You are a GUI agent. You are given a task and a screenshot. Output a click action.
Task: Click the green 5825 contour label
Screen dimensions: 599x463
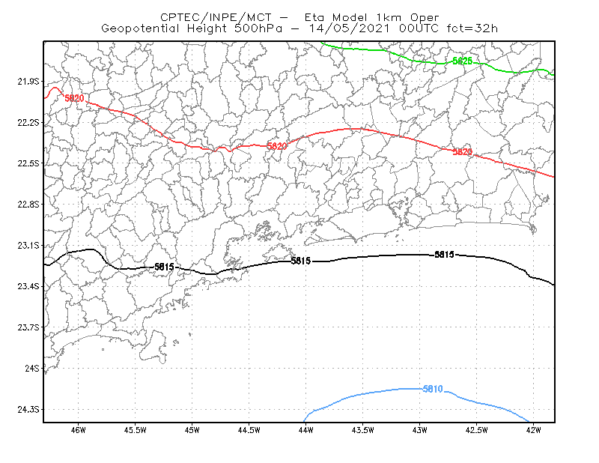tap(462, 61)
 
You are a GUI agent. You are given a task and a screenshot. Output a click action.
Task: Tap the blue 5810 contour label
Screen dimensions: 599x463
tap(433, 389)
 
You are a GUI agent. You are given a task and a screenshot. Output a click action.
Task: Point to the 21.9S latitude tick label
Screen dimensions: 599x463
tap(28, 82)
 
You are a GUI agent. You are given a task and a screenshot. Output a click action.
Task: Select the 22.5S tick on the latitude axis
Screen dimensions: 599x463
tap(28, 163)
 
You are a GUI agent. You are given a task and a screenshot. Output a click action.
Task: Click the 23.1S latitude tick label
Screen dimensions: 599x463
tap(28, 245)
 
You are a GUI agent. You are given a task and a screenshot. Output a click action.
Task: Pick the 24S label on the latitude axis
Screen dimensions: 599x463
tap(32, 368)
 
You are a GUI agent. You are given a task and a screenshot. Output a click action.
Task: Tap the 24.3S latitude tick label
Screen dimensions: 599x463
tap(28, 409)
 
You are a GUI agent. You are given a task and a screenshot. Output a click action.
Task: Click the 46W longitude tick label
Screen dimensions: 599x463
tap(79, 430)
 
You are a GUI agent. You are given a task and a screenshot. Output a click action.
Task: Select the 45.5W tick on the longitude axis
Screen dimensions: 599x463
tap(136, 430)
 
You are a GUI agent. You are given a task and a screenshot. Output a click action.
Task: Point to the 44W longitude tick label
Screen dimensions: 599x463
tap(306, 430)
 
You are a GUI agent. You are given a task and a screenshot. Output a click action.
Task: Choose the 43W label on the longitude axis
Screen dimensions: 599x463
tap(419, 430)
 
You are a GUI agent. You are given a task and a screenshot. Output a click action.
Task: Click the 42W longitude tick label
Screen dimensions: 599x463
tap(533, 430)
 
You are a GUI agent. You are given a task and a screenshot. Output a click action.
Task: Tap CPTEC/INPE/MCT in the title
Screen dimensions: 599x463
tap(216, 17)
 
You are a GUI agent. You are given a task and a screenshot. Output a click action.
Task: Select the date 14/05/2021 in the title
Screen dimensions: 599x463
tap(350, 28)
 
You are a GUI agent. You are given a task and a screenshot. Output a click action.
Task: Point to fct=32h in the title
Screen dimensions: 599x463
tap(472, 28)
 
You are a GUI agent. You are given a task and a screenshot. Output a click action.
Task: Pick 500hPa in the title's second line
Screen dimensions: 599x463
tap(258, 28)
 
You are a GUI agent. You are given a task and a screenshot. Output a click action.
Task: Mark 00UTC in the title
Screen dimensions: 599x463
tap(419, 28)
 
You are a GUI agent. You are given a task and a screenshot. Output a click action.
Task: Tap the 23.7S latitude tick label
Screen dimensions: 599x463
tap(28, 327)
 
